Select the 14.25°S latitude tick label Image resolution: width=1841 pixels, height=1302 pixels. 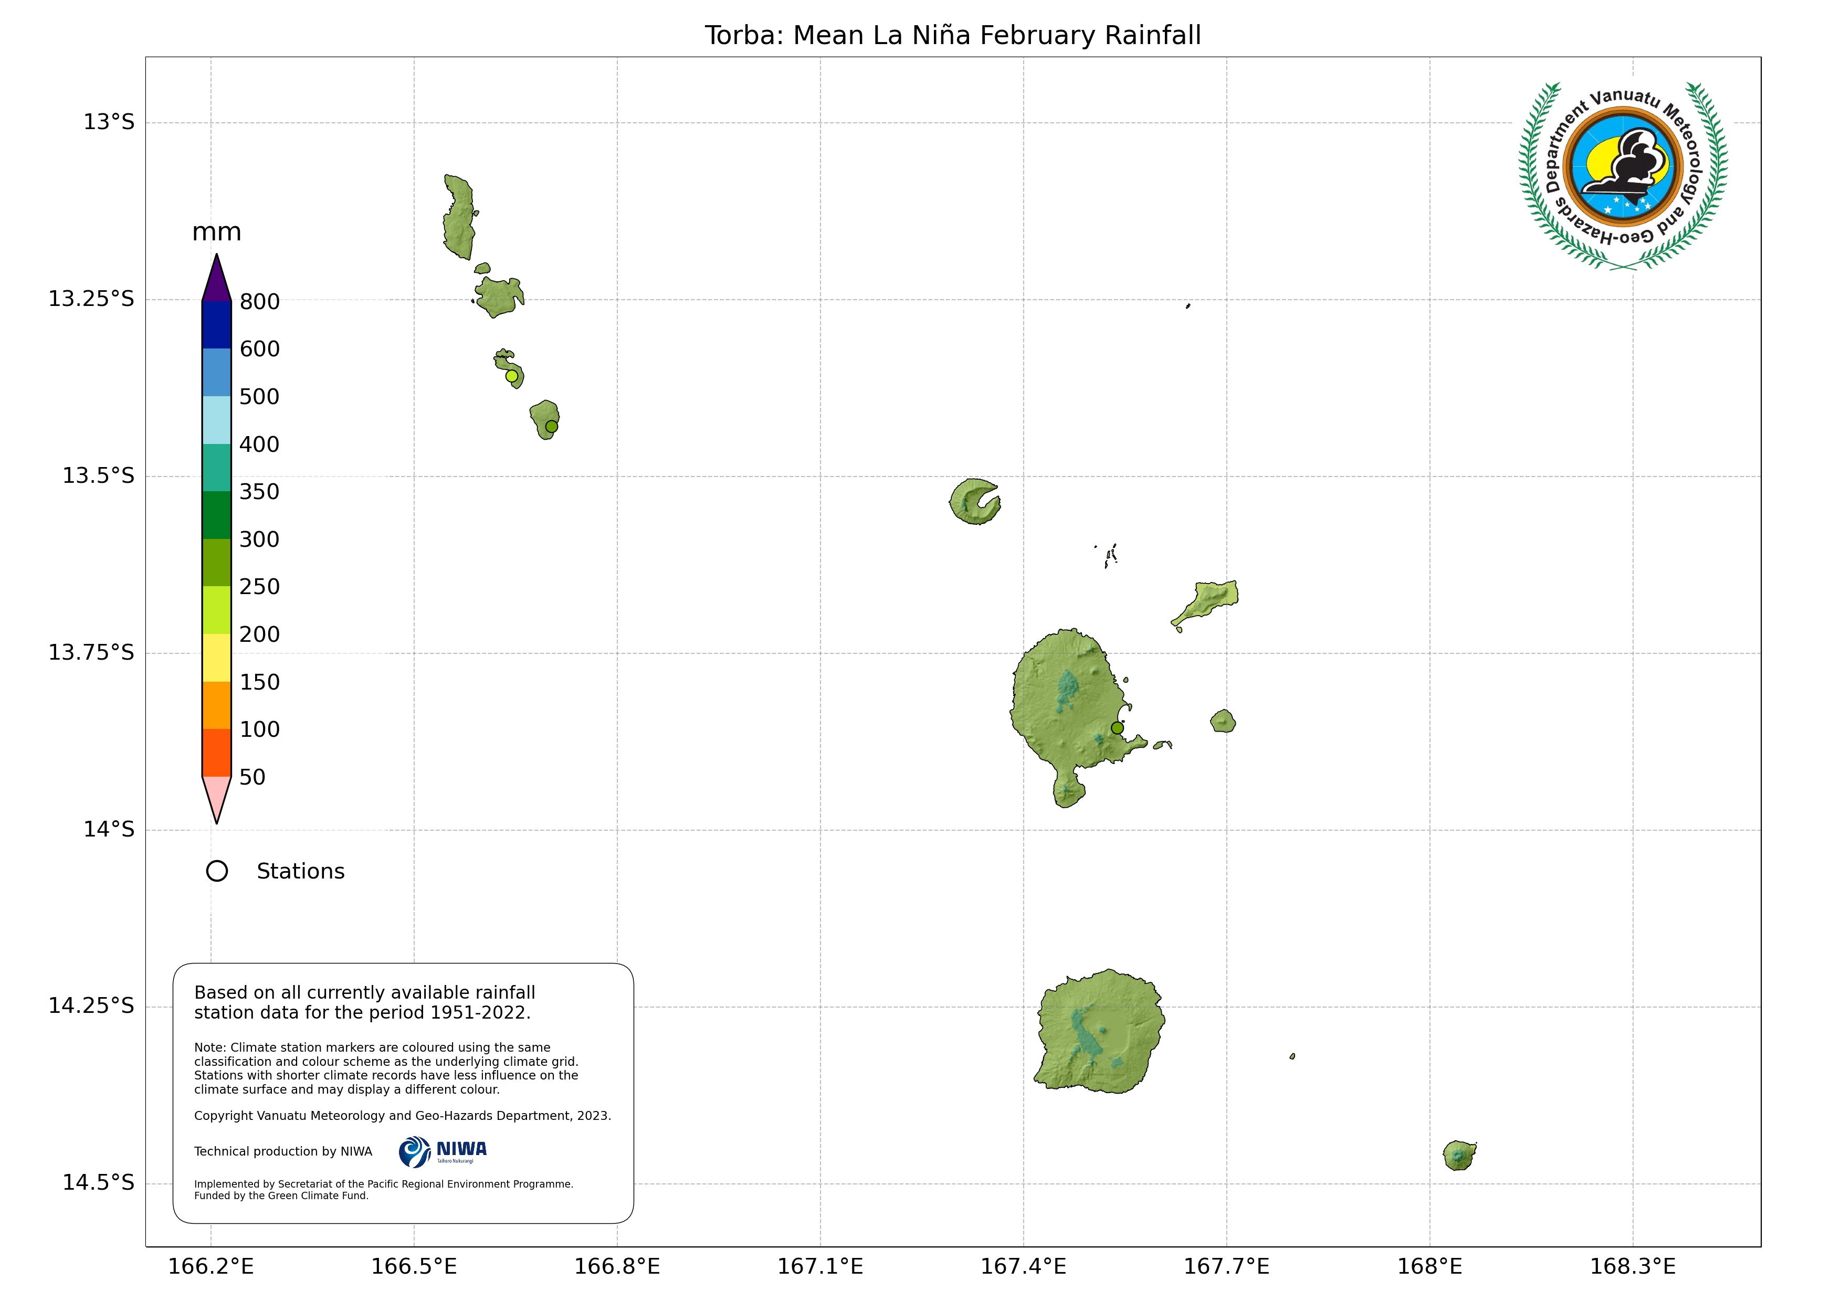click(91, 1005)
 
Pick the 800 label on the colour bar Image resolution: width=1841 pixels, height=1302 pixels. click(260, 302)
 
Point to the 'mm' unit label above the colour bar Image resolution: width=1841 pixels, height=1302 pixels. click(216, 232)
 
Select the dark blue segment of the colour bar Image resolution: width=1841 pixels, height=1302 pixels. click(216, 325)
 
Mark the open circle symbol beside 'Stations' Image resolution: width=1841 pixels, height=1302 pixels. click(216, 872)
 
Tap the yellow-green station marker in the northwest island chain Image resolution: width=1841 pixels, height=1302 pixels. click(512, 376)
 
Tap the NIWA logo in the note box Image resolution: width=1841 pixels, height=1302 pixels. click(443, 1152)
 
